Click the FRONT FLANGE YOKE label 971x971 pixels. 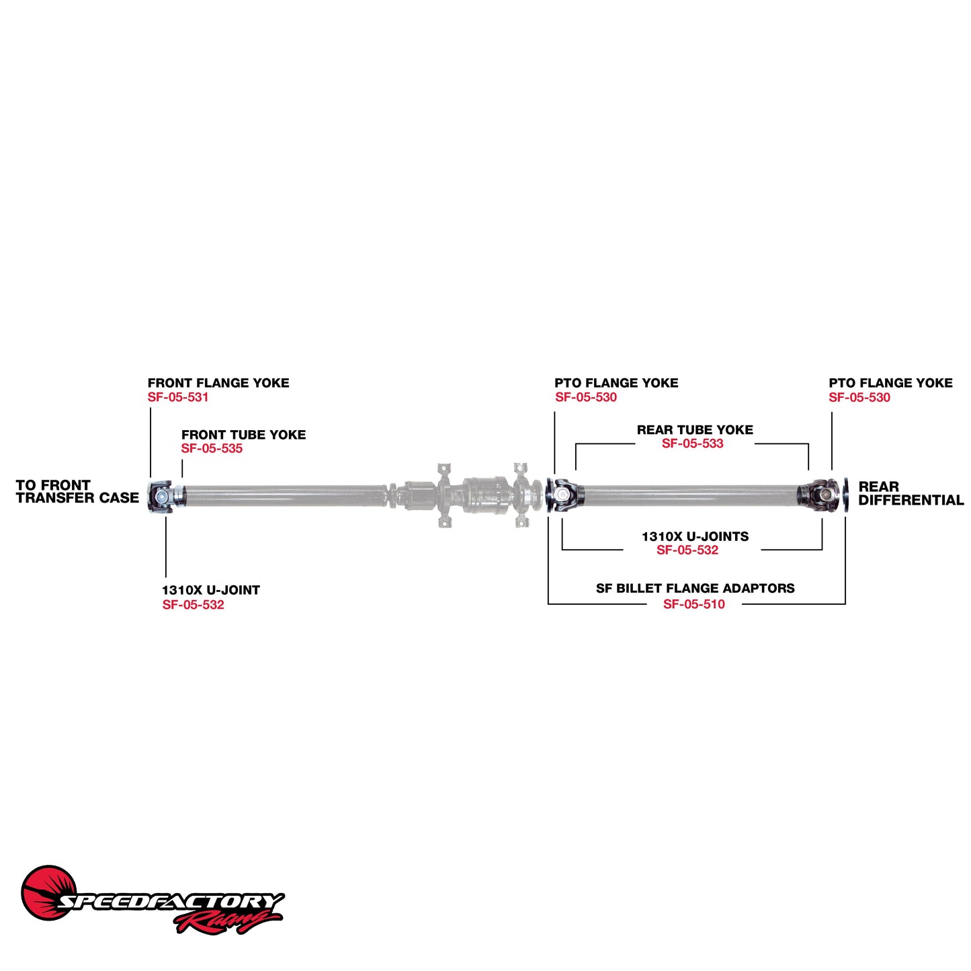point(218,383)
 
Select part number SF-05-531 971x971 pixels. point(178,397)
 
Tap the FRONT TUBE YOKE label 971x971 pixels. point(243,435)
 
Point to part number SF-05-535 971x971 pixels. point(212,449)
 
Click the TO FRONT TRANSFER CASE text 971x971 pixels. point(77,491)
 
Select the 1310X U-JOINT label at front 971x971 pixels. point(210,590)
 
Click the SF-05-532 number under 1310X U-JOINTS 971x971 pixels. point(687,550)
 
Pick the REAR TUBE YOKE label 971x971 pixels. point(695,430)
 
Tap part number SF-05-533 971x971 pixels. point(692,444)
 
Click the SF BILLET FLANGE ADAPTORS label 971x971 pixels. point(695,589)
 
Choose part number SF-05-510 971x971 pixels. point(694,604)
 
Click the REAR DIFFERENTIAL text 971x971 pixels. point(911,493)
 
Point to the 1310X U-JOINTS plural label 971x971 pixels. point(695,536)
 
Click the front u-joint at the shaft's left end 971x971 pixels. point(162,497)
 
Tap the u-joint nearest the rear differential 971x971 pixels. point(821,495)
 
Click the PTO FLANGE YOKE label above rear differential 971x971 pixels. point(890,383)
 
